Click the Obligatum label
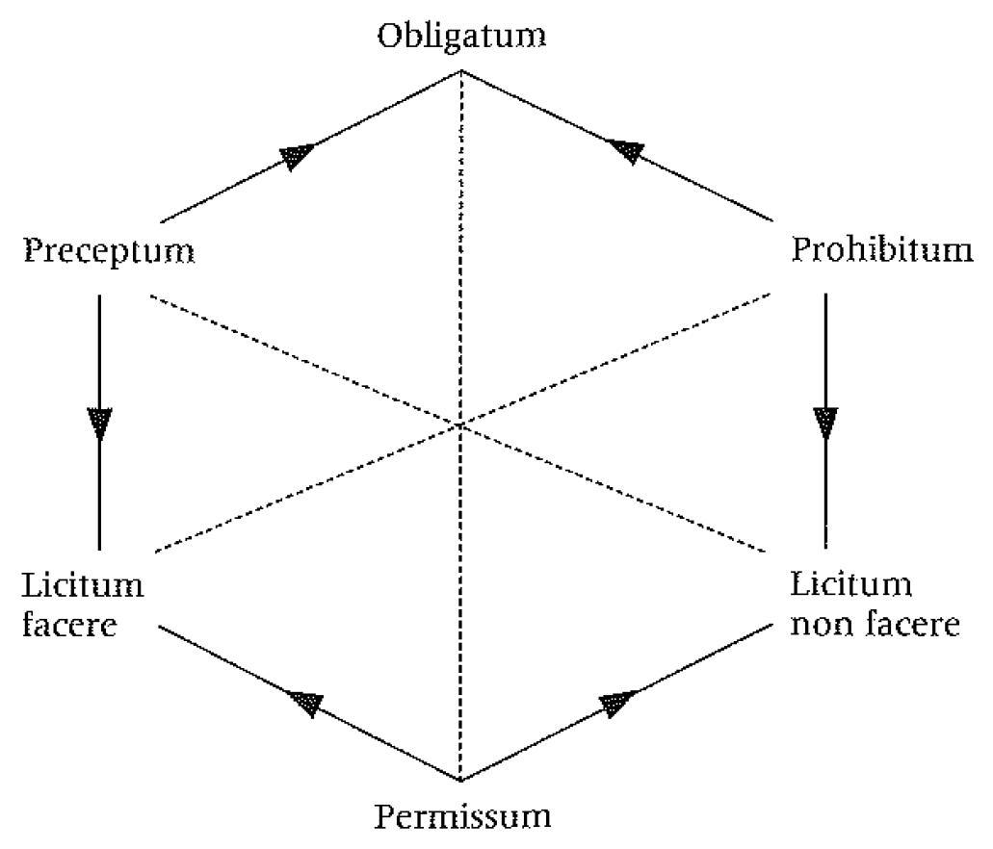point(461,37)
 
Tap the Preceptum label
point(109,252)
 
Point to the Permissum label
point(462,817)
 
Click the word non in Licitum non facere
point(819,625)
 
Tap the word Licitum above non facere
point(850,584)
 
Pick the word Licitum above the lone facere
point(82,585)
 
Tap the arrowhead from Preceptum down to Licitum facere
point(99,423)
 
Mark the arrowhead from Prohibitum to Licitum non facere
point(825,422)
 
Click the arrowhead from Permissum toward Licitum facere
point(305,702)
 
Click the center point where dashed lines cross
point(461,424)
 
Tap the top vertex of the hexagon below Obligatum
point(461,71)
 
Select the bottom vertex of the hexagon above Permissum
point(461,778)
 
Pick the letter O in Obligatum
point(389,38)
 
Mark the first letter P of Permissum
point(383,817)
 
